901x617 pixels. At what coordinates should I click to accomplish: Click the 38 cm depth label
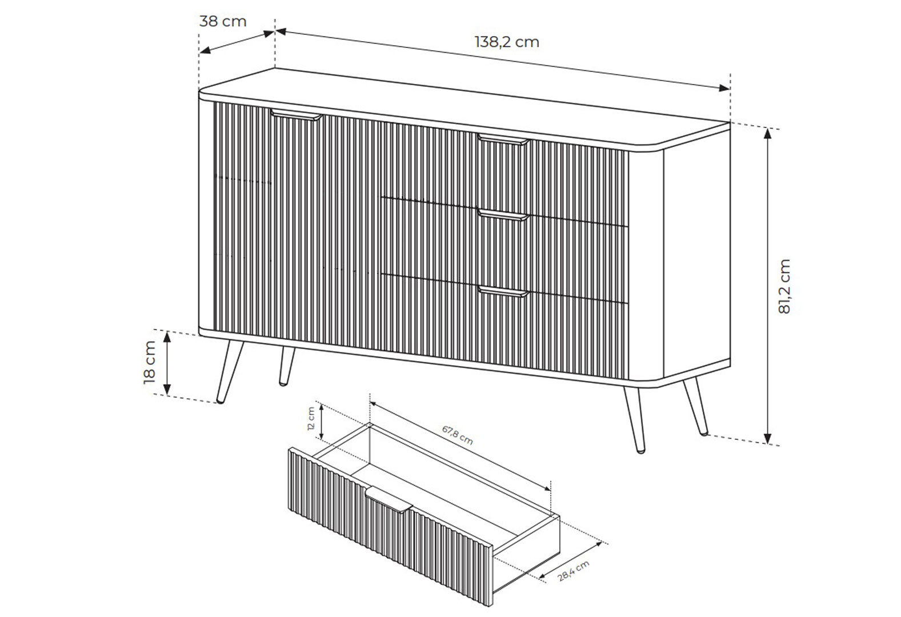coord(223,21)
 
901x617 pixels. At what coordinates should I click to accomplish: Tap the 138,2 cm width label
coord(507,42)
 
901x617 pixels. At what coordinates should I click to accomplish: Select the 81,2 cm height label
coord(784,286)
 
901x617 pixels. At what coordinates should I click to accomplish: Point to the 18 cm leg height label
coord(150,362)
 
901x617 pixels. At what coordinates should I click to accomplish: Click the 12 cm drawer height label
coord(311,419)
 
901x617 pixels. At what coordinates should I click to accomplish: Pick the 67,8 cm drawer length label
coord(457,435)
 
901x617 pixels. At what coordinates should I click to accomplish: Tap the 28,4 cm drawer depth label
coord(574,571)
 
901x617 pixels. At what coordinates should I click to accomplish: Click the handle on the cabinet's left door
coord(296,115)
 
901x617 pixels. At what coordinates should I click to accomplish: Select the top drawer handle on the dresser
coord(503,139)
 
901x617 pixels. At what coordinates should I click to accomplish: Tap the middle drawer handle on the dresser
coord(503,215)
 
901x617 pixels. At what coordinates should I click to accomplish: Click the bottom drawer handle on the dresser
coord(503,291)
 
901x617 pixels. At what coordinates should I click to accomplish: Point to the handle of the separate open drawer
coord(389,499)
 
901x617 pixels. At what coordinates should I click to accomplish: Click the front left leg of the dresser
coord(230,372)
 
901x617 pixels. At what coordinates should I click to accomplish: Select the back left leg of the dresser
coord(286,366)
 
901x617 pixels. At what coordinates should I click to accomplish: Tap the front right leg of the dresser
coord(635,420)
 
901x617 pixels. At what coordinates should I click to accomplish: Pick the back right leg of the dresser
coord(696,406)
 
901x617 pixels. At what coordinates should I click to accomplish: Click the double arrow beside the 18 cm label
coord(167,363)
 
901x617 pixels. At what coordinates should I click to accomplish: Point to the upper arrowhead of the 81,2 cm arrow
coord(767,134)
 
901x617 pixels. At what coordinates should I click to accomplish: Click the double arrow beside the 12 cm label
coord(322,421)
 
